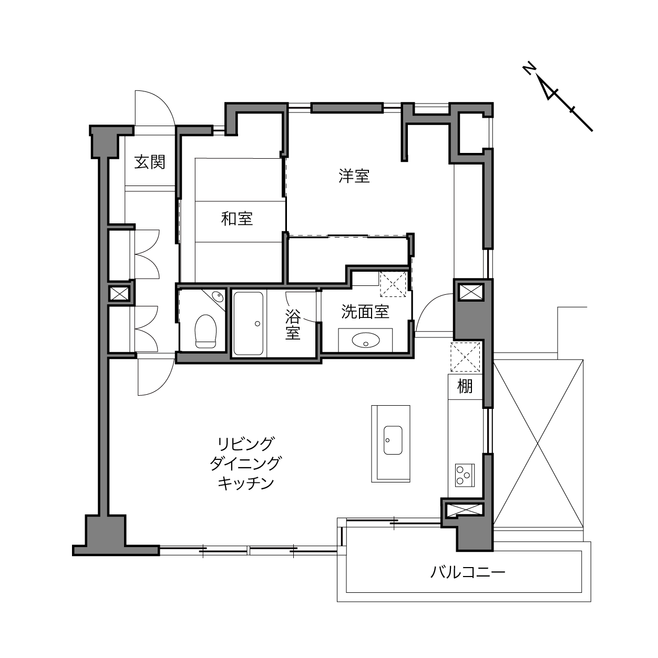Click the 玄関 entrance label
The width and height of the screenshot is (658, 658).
(x=150, y=162)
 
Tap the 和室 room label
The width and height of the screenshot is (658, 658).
(x=237, y=219)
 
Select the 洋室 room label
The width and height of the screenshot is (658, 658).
(x=354, y=176)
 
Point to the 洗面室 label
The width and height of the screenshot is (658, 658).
(x=365, y=312)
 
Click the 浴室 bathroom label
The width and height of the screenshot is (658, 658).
(x=293, y=324)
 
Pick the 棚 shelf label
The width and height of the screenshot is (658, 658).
(x=465, y=386)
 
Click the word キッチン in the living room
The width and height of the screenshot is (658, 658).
(x=246, y=483)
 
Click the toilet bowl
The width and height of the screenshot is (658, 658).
(x=205, y=331)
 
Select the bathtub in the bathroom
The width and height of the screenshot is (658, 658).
(x=248, y=323)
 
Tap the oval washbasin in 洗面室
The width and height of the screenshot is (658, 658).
(x=366, y=341)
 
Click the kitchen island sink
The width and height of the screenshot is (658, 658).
(x=393, y=440)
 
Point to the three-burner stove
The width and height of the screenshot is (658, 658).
(x=465, y=475)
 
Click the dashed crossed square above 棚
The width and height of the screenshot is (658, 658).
(x=465, y=357)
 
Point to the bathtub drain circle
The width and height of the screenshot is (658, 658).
(x=258, y=324)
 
